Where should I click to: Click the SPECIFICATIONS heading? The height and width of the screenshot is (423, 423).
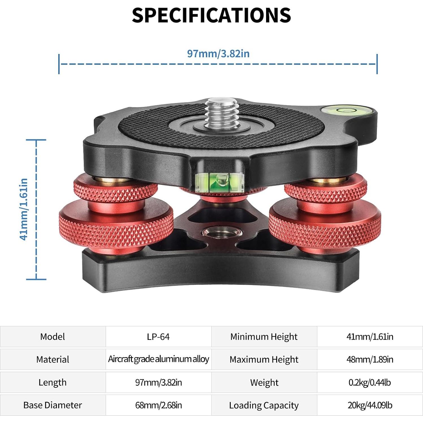[212, 15]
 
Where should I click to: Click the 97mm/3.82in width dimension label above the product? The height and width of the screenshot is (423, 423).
[218, 53]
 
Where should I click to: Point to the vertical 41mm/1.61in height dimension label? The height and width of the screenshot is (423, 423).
[24, 209]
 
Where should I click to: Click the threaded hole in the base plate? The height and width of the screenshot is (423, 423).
[222, 232]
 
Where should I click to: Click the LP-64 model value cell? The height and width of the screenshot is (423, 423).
[158, 336]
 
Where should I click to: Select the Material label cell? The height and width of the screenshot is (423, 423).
[53, 359]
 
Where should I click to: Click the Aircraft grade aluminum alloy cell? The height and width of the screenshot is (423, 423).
[158, 359]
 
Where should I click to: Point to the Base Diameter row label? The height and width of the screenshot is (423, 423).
[53, 405]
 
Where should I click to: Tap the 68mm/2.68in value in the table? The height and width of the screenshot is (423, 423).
[158, 405]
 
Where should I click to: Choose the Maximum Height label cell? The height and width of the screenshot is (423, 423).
[264, 359]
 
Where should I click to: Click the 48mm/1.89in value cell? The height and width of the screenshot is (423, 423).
[370, 359]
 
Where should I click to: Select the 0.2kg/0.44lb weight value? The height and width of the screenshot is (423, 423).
[370, 382]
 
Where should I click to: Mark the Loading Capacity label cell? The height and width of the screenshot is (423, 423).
[264, 405]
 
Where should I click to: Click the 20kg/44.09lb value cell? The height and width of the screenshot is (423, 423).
[370, 405]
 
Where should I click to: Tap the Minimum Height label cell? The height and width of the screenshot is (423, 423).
[264, 336]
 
